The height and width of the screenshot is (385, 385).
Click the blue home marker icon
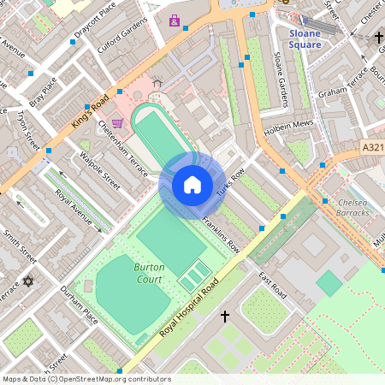pyautogui.click(x=192, y=184)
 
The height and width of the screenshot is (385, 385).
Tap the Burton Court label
pyautogui.click(x=149, y=273)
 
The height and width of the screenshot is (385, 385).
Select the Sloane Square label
pyautogui.click(x=305, y=38)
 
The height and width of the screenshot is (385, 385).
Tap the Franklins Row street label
pyautogui.click(x=221, y=234)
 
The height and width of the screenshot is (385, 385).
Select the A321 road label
pyautogui.click(x=372, y=147)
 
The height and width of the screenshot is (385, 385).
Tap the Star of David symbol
pyautogui.click(x=27, y=281)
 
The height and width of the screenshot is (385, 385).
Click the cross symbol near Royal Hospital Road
pyautogui.click(x=225, y=317)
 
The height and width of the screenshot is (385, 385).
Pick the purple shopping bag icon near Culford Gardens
pyautogui.click(x=175, y=21)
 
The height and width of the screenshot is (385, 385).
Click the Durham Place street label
pyautogui.click(x=80, y=306)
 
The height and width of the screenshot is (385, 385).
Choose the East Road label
pyautogui.click(x=275, y=287)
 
